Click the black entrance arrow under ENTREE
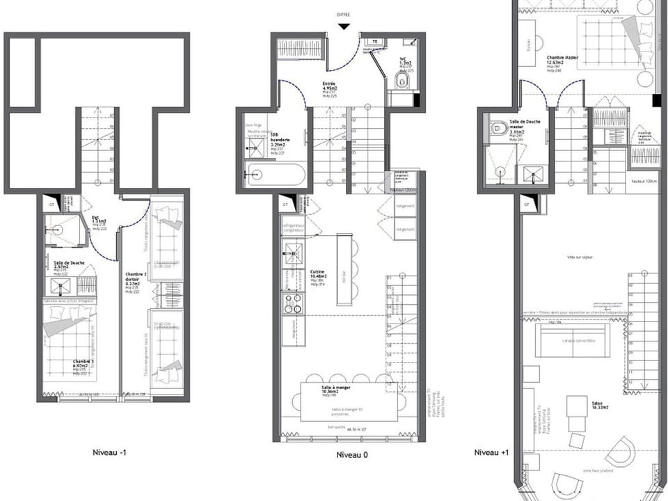(344, 26)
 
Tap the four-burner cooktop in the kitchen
(293, 303)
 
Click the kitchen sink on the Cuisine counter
(293, 253)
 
